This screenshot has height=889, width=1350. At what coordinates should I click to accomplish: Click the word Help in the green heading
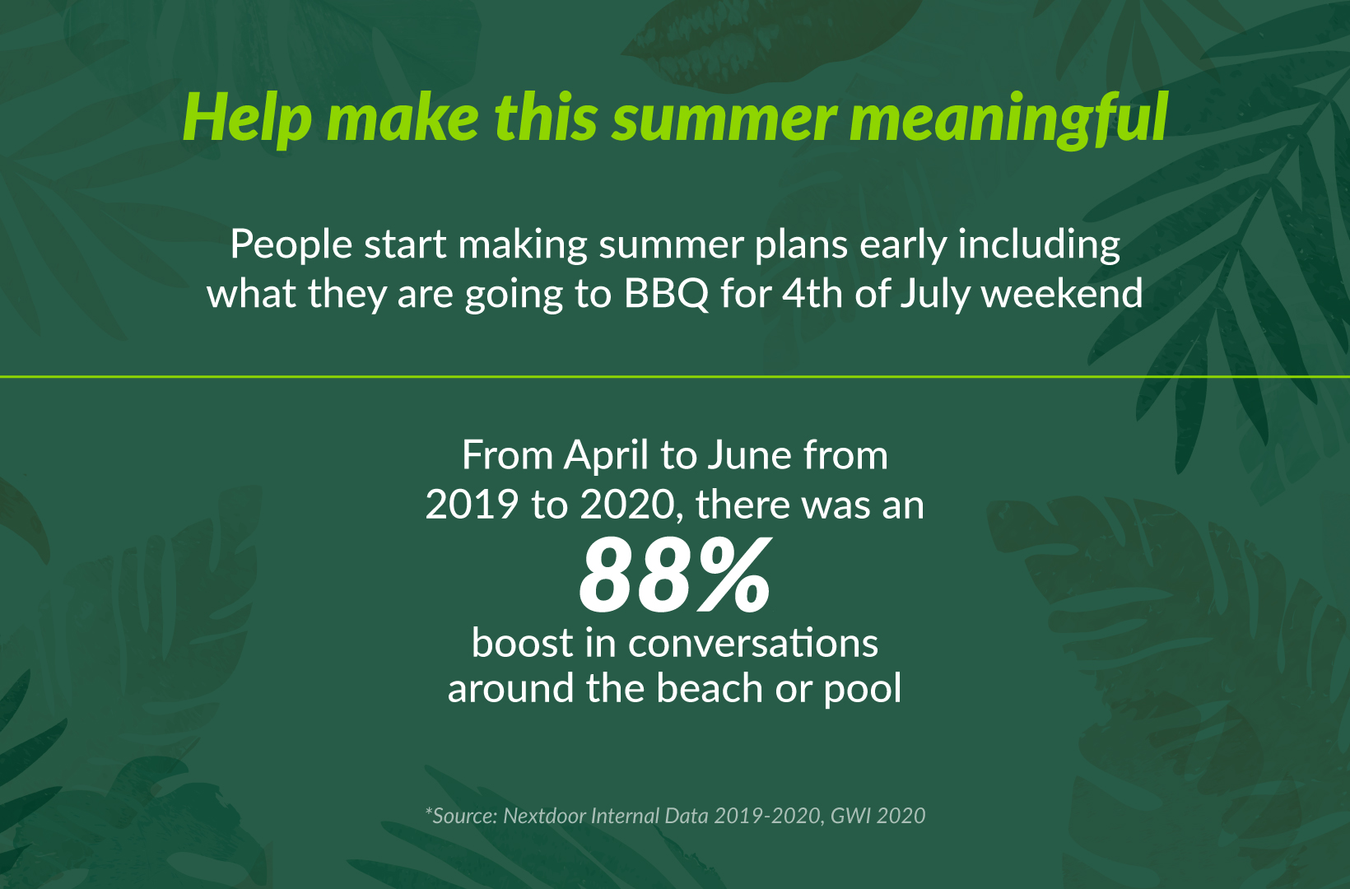pyautogui.click(x=248, y=119)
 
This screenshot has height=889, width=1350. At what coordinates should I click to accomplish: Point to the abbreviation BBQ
pyautogui.click(x=666, y=294)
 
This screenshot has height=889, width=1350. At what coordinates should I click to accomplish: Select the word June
pyautogui.click(x=748, y=456)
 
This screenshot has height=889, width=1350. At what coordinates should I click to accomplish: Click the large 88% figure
pyautogui.click(x=675, y=575)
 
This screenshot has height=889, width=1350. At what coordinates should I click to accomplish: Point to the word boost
pyautogui.click(x=523, y=643)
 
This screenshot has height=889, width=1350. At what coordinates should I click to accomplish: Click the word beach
pyautogui.click(x=710, y=688)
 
